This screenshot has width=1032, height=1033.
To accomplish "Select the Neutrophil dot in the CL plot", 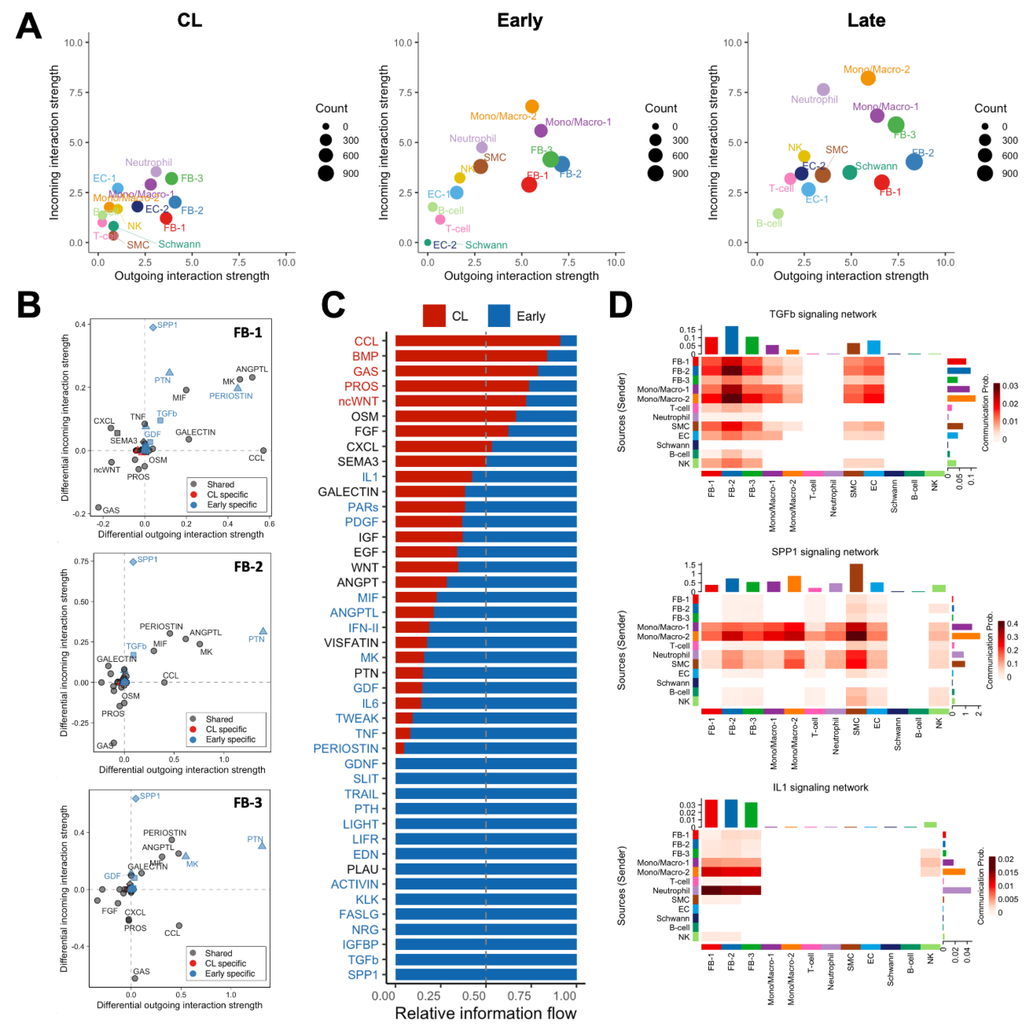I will click(156, 172).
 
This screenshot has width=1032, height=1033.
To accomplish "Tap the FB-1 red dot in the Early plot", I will click(529, 184).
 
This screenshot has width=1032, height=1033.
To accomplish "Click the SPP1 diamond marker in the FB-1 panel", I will click(153, 327).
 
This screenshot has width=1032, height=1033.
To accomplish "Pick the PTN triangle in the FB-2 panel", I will click(262, 631).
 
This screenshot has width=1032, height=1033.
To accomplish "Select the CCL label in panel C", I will click(366, 341).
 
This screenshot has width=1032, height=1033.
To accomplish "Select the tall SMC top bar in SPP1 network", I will click(856, 577).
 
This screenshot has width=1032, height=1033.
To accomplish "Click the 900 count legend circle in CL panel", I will click(326, 173).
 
